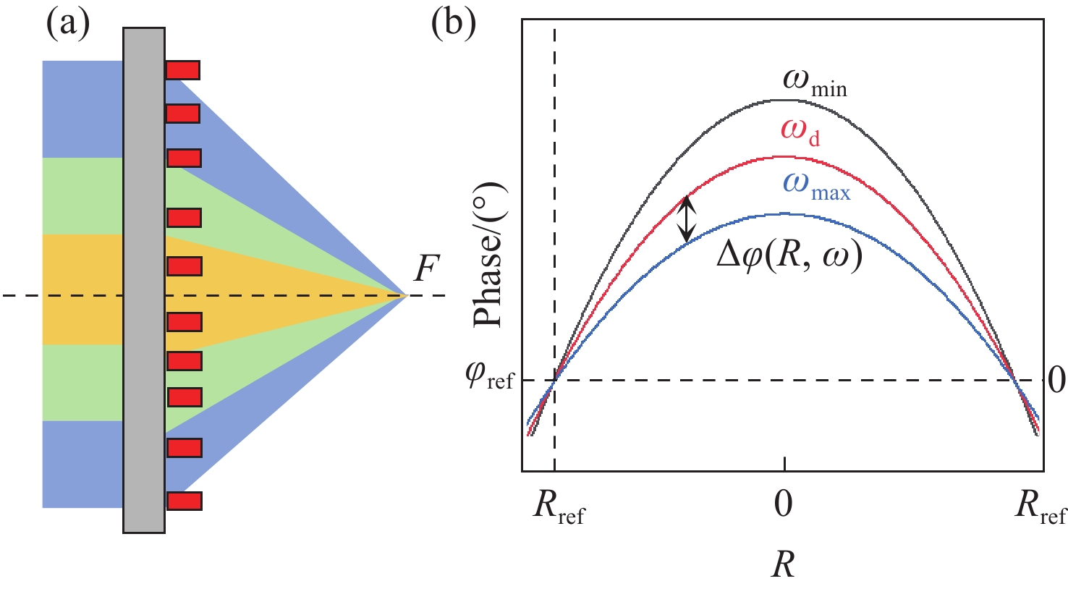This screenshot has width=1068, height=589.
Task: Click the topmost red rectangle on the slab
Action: pos(182,70)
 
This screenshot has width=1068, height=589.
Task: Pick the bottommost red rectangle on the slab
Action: pos(184,501)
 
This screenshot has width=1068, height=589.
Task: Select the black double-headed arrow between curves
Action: pos(686,219)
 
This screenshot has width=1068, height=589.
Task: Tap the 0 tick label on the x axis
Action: pos(784,505)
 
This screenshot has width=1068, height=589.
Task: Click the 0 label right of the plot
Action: pos(1056,380)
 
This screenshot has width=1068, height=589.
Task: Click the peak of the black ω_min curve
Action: pos(784,100)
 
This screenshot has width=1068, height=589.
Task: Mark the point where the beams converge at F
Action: pos(407,295)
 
